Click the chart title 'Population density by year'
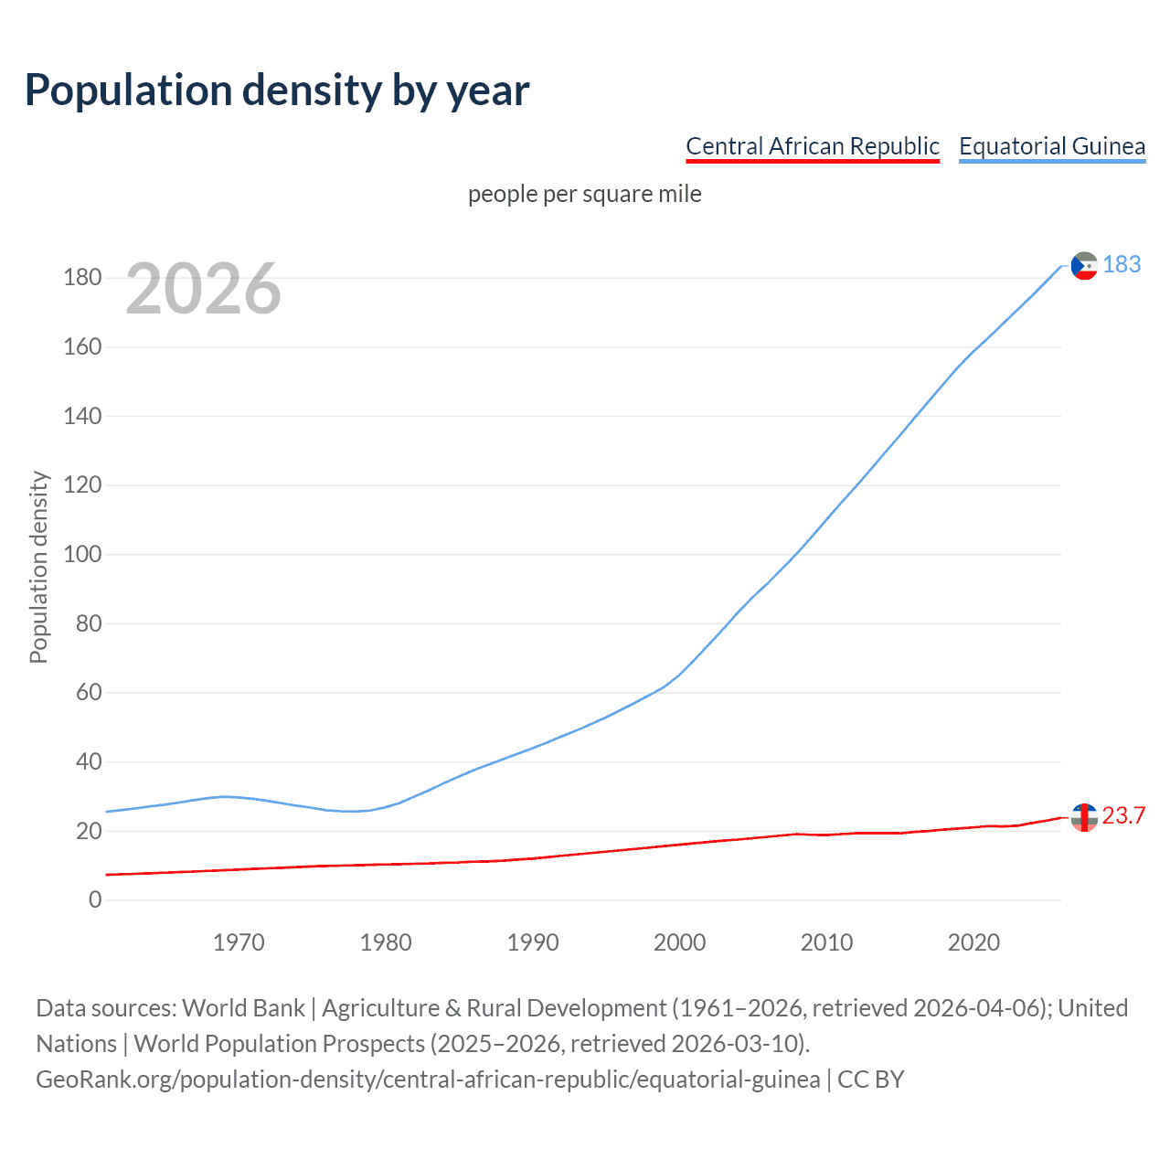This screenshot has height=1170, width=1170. [277, 90]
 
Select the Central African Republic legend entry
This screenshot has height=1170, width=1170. [812, 146]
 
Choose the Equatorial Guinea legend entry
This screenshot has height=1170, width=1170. [1051, 146]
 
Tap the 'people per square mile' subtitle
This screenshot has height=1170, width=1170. [584, 194]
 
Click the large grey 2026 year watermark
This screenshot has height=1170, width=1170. [203, 289]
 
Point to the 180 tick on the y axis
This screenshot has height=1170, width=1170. [82, 278]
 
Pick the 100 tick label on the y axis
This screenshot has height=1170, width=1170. [82, 555]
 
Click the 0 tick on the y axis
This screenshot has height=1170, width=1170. [95, 900]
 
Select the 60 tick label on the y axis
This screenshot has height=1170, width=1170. [88, 693]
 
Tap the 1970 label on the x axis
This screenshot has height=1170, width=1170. [239, 942]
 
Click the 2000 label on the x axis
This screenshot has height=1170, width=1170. [679, 942]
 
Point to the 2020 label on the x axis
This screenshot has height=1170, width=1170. [973, 942]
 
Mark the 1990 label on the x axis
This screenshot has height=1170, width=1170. [532, 942]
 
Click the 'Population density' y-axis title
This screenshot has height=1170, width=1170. [38, 567]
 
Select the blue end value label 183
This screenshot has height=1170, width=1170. [1122, 264]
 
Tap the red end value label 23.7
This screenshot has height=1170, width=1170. [1123, 815]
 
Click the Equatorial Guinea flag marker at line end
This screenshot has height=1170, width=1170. [1084, 266]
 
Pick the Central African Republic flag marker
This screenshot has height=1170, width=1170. [1084, 817]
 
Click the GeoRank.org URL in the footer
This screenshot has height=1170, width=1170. [428, 1080]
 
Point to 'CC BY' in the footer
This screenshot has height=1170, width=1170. [871, 1080]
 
